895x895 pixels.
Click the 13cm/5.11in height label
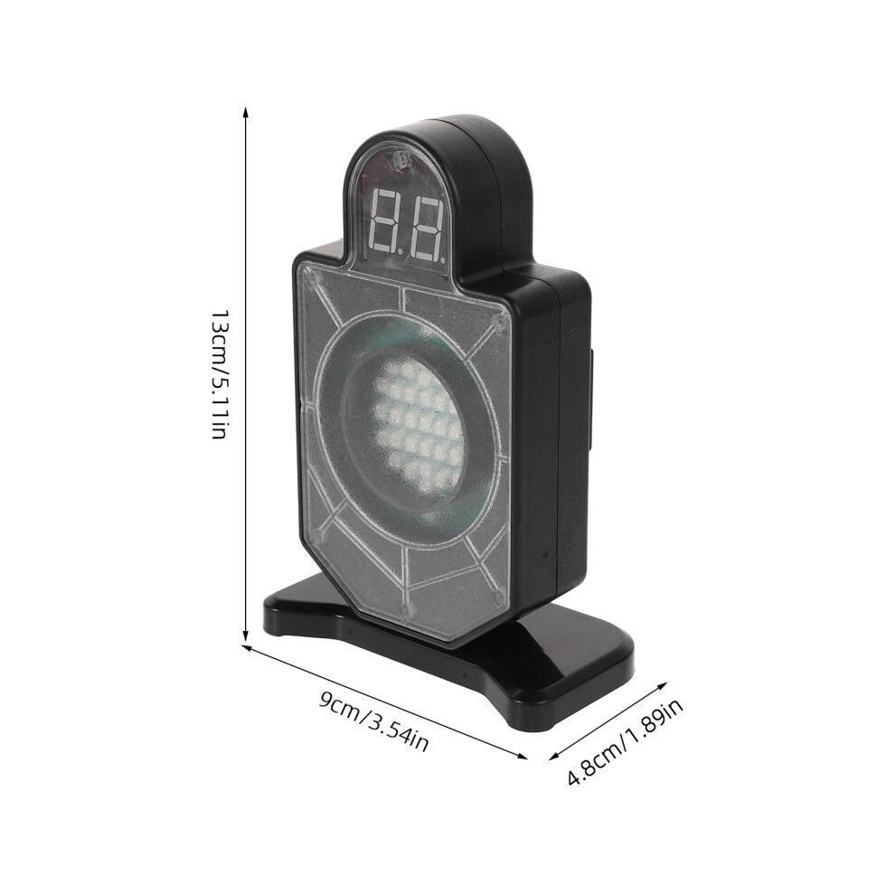click(x=219, y=374)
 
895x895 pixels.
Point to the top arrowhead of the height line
click(x=245, y=112)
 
